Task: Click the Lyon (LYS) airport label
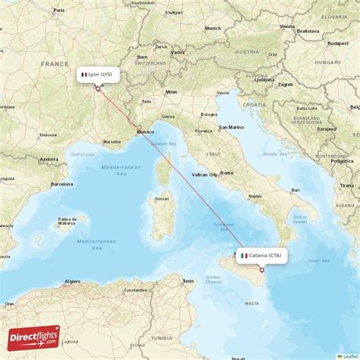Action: coord(99,74)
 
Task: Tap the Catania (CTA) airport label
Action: coord(262,255)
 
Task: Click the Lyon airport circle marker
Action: coord(98,89)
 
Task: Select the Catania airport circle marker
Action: coord(261,270)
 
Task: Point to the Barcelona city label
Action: coord(62,184)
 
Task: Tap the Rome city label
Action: coord(226,173)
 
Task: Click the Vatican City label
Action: coord(204,175)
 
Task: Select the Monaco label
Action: coord(145,132)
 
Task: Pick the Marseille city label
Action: coord(112,141)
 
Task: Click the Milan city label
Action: coord(171,92)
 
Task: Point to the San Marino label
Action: coord(231,128)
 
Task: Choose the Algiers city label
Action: coord(72,281)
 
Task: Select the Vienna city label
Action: coord(287,26)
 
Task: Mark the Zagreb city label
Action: coord(286,84)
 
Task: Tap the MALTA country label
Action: coord(251,303)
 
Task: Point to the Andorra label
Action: coord(49,159)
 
